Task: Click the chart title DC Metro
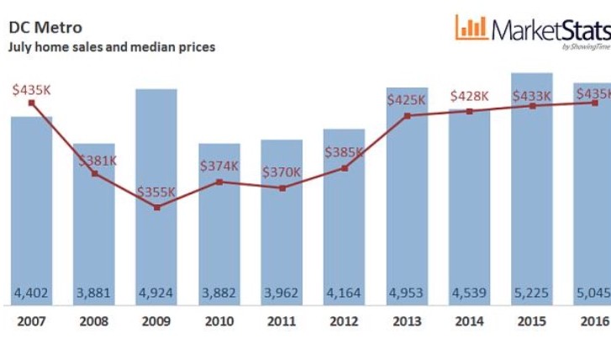45,28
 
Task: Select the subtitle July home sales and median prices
111,47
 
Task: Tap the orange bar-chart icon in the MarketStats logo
471,27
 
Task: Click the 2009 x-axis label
156,322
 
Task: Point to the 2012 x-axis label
344,322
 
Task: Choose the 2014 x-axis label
469,322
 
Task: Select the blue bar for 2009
156,168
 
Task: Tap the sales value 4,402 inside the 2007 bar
31,293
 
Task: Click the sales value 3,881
94,293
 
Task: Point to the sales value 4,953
407,293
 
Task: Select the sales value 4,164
344,293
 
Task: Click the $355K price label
156,192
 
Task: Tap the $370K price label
282,172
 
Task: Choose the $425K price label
407,99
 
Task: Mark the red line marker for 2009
157,207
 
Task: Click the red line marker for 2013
407,115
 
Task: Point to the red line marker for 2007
31,103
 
